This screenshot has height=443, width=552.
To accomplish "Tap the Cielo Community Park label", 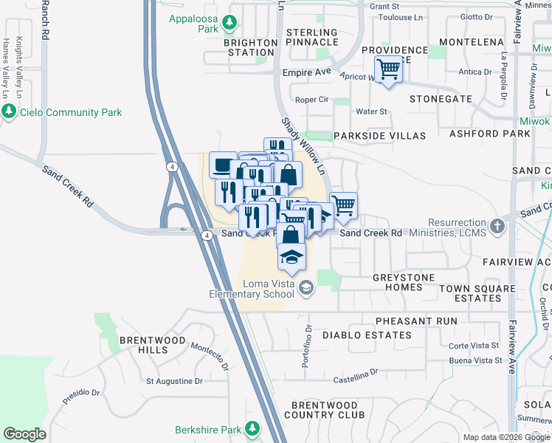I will (71, 112).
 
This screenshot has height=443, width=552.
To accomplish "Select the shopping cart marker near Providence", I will (388, 70).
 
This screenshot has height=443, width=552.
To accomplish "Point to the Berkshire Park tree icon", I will (252, 428).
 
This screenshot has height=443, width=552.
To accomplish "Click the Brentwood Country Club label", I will (327, 410).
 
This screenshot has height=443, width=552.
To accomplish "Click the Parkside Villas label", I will (379, 136).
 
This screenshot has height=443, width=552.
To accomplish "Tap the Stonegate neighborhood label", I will (440, 97).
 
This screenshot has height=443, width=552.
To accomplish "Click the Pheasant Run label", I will (416, 321).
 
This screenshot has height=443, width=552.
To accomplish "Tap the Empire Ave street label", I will (308, 73).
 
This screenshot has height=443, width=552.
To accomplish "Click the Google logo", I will (24, 434).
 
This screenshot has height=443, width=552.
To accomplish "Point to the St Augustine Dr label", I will (174, 382).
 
